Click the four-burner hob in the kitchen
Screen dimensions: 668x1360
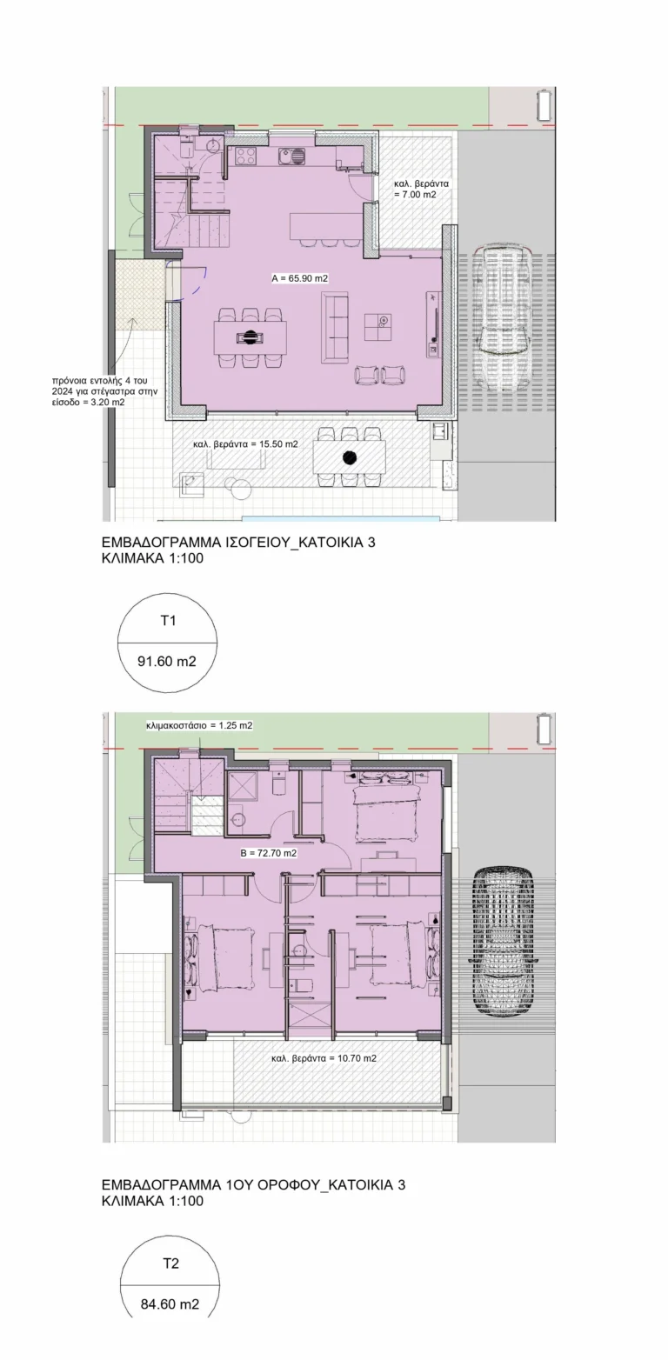246,155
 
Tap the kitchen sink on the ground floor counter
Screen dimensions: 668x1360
291,157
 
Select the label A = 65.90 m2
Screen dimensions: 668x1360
300,278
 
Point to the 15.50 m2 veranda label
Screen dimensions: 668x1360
245,443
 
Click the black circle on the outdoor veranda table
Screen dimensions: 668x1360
349,457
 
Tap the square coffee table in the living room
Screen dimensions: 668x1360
378,327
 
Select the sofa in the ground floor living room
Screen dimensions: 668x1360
335,325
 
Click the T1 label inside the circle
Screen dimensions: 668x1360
168,621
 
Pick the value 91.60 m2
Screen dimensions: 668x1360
167,661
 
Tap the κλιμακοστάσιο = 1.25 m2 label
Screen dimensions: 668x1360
199,725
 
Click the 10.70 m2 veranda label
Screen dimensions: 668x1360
324,1058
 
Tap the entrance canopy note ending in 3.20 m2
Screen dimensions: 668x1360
104,391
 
